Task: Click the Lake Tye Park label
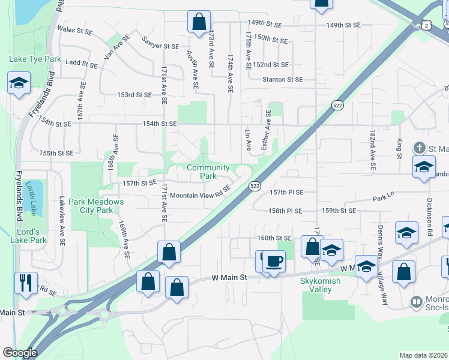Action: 35,59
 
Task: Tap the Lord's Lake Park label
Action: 29,236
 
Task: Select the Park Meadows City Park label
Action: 96,206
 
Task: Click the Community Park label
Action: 208,172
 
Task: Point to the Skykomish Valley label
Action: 324,285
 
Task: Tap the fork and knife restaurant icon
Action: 26,283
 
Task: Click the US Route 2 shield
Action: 426,26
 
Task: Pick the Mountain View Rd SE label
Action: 200,195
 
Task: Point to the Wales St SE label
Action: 74,28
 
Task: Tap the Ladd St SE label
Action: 82,62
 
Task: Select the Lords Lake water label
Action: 34,199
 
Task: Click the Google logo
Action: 20,353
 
